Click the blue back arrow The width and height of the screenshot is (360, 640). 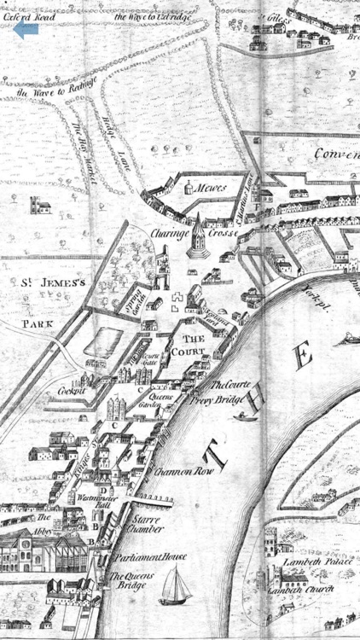(26, 30)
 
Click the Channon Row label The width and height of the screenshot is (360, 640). (178, 470)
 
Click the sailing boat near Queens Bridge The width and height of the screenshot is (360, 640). (177, 585)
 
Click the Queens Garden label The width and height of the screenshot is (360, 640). (161, 401)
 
